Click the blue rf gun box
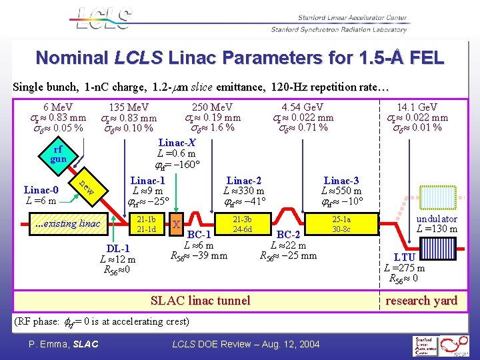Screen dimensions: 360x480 click(59, 154)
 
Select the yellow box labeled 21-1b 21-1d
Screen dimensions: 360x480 click(146, 224)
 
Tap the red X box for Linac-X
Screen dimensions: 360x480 click(176, 225)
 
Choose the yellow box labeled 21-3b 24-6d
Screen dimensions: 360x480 click(242, 224)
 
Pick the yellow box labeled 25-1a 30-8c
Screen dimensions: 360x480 click(341, 224)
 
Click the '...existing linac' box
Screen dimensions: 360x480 click(67, 223)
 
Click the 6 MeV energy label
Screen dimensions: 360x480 click(59, 107)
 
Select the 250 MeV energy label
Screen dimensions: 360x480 click(212, 107)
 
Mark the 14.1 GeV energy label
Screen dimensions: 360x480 click(417, 107)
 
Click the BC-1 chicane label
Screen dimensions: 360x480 click(199, 235)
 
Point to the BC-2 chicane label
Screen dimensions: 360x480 click(289, 235)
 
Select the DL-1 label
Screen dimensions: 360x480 click(117, 249)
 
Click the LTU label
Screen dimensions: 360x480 click(405, 257)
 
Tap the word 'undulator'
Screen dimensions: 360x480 click(437, 219)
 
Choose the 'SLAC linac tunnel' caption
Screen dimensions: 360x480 click(201, 301)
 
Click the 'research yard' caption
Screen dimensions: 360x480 click(421, 301)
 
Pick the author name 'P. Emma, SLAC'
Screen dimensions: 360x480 click(63, 344)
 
